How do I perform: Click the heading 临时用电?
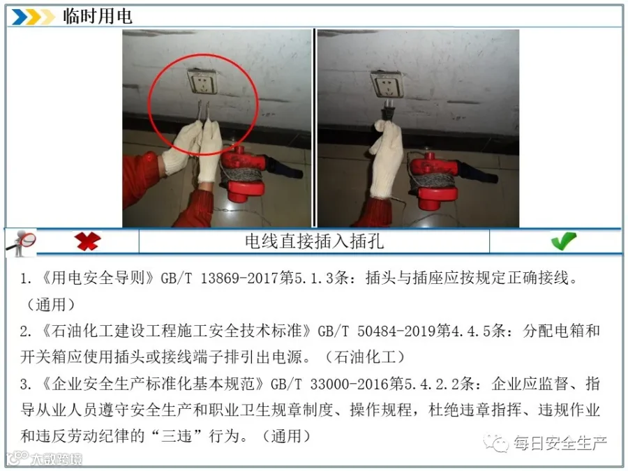tap(97, 17)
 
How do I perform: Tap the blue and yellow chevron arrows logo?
tap(33, 17)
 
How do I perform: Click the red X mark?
tap(87, 241)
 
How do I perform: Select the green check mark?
tap(563, 241)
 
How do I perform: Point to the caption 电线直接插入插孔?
tap(315, 241)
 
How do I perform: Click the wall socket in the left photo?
tap(202, 81)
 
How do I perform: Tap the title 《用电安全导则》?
tap(98, 278)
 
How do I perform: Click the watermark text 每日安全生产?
tap(560, 443)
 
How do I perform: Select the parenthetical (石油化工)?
tap(364, 357)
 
